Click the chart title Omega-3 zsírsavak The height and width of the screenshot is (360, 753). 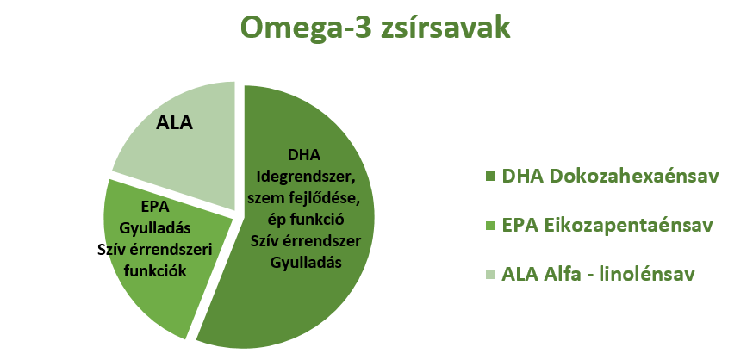tap(375, 28)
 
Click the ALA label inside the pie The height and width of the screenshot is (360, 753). tap(174, 123)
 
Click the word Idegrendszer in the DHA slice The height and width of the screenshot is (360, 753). tap(307, 177)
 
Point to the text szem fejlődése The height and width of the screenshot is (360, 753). tap(306, 198)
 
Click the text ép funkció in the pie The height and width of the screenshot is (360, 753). tap(306, 220)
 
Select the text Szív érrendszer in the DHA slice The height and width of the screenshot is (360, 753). tap(306, 241)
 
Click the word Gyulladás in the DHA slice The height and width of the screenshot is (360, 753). tap(306, 263)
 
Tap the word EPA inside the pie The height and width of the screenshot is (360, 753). tap(155, 206)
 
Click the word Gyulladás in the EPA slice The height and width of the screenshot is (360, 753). tap(155, 227)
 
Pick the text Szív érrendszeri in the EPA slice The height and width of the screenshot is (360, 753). tap(154, 249)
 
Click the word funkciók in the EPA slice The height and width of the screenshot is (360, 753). tap(154, 270)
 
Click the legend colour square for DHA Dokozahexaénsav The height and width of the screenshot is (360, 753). tap(490, 177)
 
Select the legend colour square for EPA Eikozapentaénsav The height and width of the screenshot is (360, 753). tap(490, 226)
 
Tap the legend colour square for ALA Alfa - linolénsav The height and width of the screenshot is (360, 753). tap(490, 275)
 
